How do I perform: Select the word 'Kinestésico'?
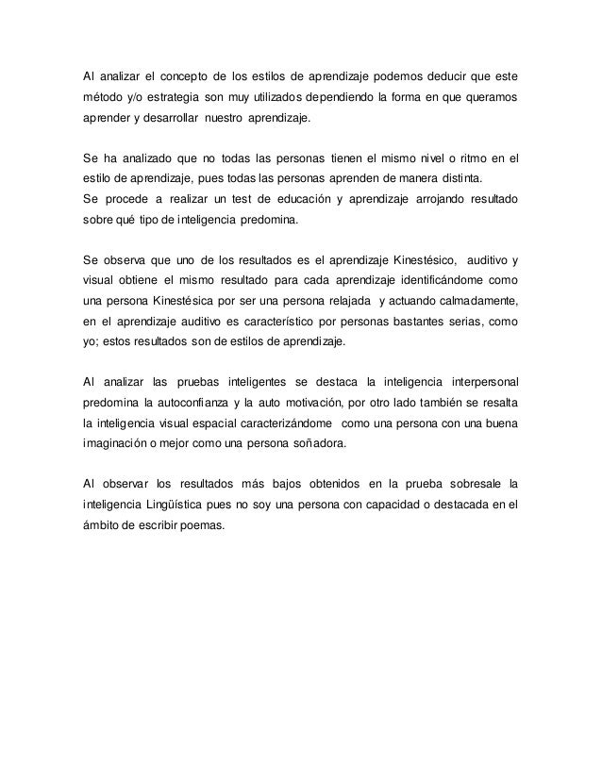420,257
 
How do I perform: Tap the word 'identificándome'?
429,281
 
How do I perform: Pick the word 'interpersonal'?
478,380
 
